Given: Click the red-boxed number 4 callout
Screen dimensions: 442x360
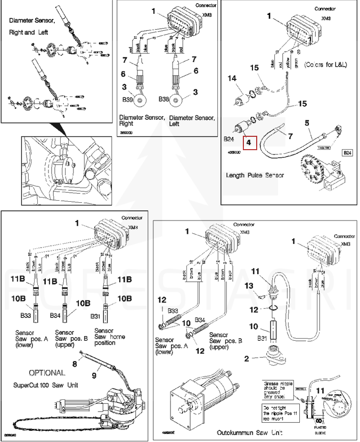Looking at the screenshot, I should (249, 143).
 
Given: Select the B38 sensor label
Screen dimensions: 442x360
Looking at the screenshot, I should (165, 99).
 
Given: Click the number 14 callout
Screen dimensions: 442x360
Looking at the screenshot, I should (232, 78).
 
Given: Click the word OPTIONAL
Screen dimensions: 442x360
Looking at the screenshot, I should (47, 372).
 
